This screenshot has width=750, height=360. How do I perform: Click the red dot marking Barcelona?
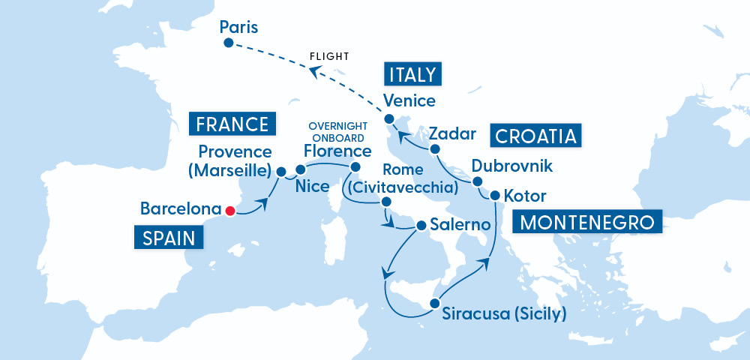230,211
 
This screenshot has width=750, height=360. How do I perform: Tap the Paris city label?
238,28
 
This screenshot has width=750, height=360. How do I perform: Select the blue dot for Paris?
228,43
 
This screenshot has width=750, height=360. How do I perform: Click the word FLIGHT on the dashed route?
330,56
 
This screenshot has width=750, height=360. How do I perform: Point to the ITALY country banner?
412,75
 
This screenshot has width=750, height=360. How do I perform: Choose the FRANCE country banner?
232,124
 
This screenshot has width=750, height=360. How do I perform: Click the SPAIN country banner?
169,238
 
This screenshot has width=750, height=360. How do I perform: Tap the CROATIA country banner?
536,136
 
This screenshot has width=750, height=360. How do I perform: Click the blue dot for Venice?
389,119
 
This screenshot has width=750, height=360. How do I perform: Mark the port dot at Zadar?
435,151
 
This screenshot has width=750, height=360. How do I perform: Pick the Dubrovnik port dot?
477,181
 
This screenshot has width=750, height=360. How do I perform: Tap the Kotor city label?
525,196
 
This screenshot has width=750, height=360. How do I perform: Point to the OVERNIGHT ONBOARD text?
337,132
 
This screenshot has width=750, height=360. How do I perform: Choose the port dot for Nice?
300,169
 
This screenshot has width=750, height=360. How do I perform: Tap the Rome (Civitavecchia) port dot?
385,202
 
